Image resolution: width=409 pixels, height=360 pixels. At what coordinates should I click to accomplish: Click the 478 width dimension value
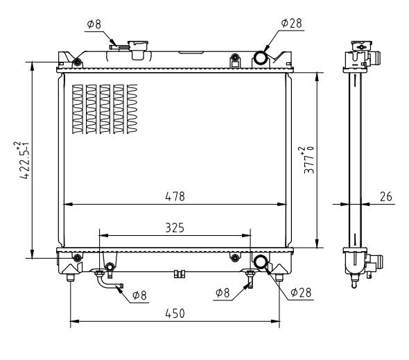pos(175,196)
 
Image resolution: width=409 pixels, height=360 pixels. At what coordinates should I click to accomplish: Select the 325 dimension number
pos(175,228)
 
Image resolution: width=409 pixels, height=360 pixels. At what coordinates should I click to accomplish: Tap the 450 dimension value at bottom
pos(175,314)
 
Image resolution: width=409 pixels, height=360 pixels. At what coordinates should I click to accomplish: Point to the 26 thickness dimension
pos(386,196)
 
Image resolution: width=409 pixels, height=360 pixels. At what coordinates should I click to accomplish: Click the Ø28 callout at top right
pos(292,23)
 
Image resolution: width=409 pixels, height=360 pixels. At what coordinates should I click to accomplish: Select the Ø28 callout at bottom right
pos(301,293)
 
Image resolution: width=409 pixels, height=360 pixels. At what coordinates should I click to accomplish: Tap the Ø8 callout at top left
pos(94,24)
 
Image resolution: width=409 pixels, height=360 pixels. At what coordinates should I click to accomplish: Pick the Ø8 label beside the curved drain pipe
pos(139,295)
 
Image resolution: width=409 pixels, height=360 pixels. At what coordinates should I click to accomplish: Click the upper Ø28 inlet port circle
pos(260,58)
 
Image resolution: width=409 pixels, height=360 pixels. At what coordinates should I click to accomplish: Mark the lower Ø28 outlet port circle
pos(261,262)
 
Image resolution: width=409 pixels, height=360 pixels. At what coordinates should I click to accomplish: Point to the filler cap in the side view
pos(361,46)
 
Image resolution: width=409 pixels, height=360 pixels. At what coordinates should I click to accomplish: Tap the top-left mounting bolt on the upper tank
pos(77,62)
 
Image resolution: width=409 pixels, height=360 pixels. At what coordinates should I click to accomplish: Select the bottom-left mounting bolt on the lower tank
pos(77,258)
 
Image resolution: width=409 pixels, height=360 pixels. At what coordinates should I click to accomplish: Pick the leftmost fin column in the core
pos(78,109)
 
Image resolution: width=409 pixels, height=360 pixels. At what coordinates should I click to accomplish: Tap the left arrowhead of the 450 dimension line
pos(75,321)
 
